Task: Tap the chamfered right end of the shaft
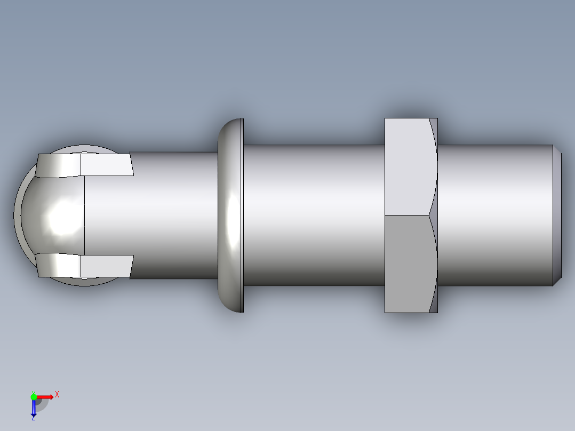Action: tap(557, 215)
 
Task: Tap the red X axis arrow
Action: tap(46, 396)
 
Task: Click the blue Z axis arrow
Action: tap(33, 408)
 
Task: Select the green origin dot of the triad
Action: tap(34, 396)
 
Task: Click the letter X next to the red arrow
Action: tap(57, 394)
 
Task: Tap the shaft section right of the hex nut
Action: tap(493, 215)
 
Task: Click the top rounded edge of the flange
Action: tap(231, 123)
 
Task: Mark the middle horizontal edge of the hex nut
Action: tap(406, 215)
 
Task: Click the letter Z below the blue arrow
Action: tap(33, 419)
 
